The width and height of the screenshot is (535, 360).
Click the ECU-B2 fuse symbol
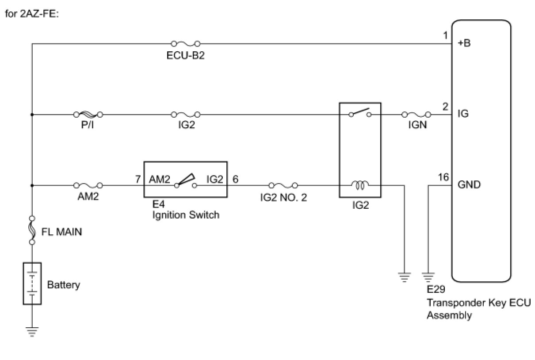185,44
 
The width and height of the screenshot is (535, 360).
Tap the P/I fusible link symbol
88,115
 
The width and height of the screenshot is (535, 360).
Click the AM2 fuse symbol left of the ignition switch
88,185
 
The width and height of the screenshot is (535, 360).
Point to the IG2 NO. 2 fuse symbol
283,185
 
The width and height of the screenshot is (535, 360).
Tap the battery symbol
32,283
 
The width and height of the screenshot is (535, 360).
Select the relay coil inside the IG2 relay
360,185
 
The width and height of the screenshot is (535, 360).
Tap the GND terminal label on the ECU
469,185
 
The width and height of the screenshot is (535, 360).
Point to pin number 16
443,178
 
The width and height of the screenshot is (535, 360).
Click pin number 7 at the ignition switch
138,179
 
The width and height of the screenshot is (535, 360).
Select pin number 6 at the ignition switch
235,179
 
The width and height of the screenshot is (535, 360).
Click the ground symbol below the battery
32,332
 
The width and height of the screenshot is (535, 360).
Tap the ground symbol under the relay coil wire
404,277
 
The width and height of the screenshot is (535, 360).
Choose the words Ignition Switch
185,215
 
